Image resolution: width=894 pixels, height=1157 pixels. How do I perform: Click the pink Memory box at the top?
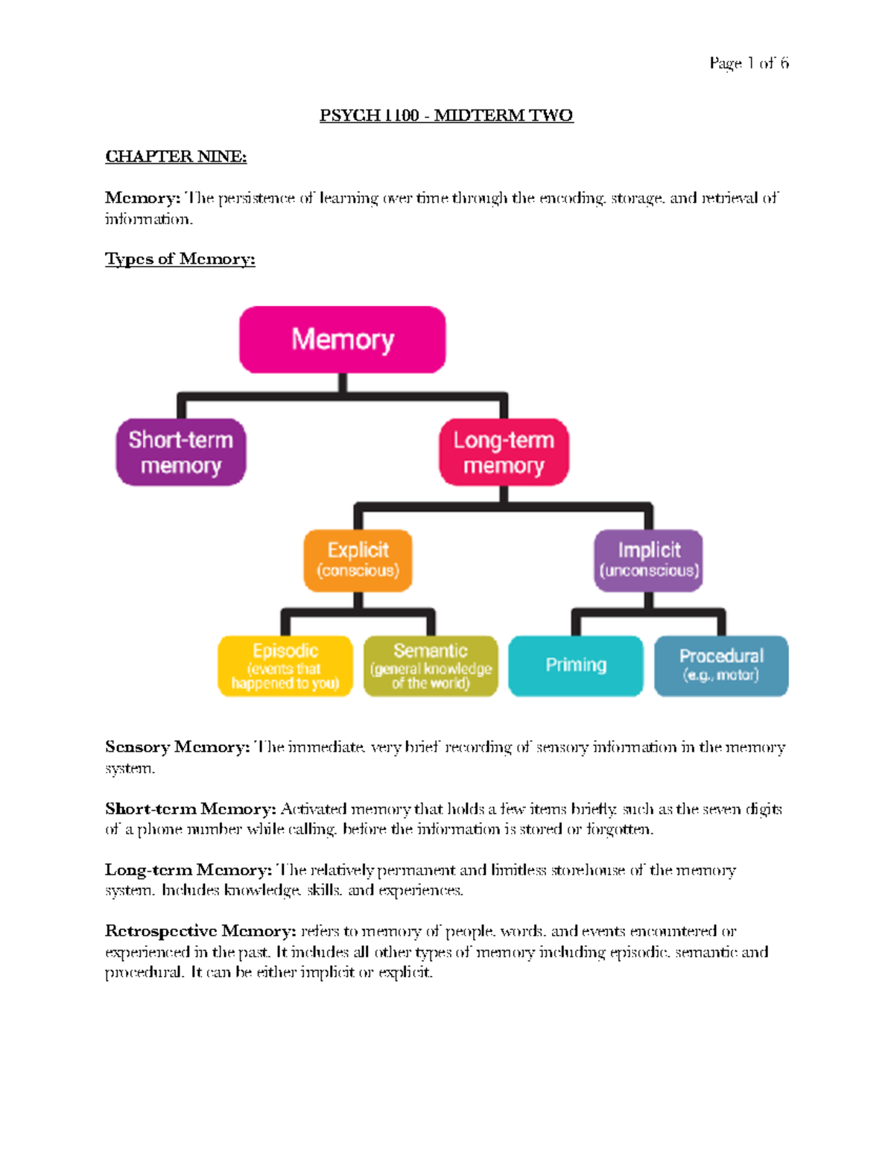click(x=343, y=339)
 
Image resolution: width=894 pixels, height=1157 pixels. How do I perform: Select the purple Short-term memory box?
click(x=181, y=452)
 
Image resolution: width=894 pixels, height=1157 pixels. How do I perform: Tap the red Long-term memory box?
click(x=504, y=452)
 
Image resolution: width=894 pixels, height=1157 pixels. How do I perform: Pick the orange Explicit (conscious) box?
click(x=358, y=561)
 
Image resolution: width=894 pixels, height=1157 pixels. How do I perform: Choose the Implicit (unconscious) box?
click(x=649, y=561)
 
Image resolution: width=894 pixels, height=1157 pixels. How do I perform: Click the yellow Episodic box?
click(x=285, y=666)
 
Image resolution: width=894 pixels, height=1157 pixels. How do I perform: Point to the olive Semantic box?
click(x=431, y=666)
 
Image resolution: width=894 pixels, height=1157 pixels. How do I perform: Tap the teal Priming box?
click(x=576, y=666)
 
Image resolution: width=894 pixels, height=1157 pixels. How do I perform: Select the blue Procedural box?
click(x=721, y=666)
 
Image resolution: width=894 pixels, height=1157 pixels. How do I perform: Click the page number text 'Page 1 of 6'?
click(x=749, y=63)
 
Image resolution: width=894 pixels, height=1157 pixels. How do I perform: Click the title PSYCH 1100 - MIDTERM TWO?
click(x=446, y=115)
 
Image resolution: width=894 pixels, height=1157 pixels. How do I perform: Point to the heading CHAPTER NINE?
click(x=177, y=156)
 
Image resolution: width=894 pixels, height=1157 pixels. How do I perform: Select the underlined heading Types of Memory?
click(x=180, y=259)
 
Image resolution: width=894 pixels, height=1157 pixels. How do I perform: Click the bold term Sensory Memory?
click(x=177, y=747)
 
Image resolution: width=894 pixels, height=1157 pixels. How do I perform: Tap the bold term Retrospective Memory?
click(x=200, y=931)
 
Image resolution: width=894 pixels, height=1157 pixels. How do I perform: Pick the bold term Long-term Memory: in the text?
click(x=188, y=870)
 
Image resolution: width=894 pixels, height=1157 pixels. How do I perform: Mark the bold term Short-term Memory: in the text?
click(x=191, y=809)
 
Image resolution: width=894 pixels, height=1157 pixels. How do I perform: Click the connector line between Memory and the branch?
click(x=343, y=383)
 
